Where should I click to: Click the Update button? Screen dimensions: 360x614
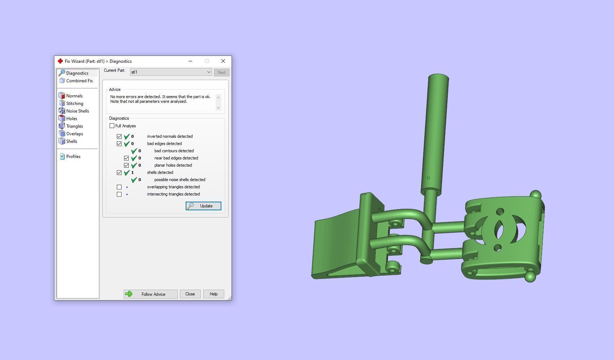203,206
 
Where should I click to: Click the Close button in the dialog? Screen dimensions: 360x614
190,294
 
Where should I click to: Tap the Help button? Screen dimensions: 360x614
213,294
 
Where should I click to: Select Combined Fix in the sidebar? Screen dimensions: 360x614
79,81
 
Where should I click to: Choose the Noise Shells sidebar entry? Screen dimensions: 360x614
78,111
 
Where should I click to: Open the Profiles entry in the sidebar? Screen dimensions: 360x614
73,157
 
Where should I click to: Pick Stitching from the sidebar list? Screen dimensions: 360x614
75,104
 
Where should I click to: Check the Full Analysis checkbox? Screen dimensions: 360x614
112,126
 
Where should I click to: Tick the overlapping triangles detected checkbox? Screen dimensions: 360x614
119,187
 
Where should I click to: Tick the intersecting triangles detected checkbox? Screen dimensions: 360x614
119,194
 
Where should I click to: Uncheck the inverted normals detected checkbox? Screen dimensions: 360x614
119,136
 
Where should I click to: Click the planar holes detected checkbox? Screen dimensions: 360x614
127,165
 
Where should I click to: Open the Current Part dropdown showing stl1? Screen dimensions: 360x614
171,72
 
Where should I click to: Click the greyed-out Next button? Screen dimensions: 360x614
221,73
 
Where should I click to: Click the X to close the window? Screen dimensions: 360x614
223,61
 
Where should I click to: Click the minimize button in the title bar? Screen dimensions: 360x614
190,61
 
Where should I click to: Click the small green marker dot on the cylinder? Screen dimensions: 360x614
428,178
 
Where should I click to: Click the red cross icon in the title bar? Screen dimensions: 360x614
60,61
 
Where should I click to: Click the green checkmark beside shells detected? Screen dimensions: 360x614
127,173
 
